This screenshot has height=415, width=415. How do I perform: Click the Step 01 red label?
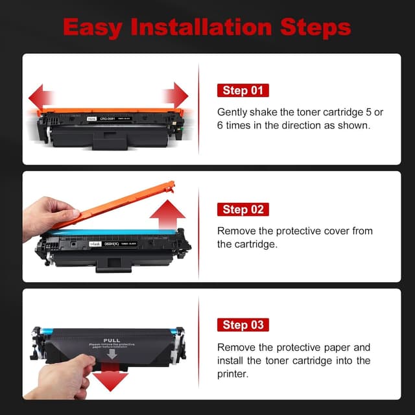coord(243,91)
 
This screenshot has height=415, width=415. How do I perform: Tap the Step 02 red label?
coord(243,209)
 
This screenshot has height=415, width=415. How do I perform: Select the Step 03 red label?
coord(243,325)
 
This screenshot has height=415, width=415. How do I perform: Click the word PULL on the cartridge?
coord(112,339)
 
